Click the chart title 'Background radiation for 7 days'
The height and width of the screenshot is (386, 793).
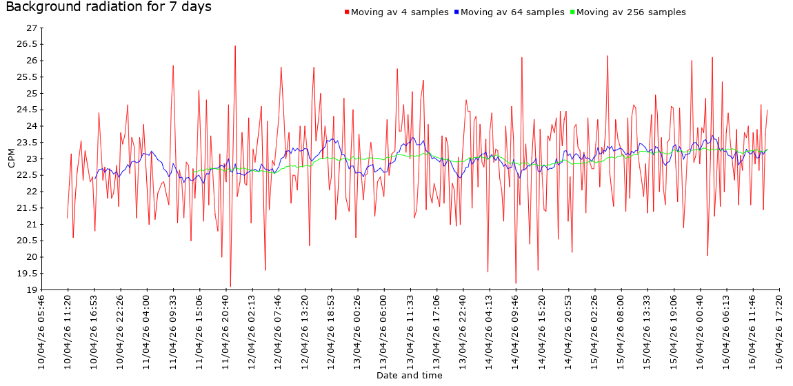pos(108,8)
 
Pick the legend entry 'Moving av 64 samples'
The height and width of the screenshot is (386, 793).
pos(512,12)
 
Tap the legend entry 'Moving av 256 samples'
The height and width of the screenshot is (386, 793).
pos(631,12)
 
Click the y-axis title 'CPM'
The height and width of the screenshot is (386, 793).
pos(11,159)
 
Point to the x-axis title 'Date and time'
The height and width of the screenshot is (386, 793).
pos(410,376)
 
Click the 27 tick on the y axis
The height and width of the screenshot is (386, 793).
pos(31,28)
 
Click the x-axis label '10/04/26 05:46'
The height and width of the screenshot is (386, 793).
pos(41,332)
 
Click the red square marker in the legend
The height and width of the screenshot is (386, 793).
pos(347,12)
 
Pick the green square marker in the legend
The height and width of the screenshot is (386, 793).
pos(572,12)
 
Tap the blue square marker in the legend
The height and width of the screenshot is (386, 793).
pos(456,12)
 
